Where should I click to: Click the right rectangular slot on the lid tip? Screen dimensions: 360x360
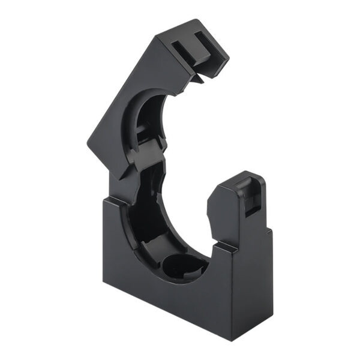point(200,43)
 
